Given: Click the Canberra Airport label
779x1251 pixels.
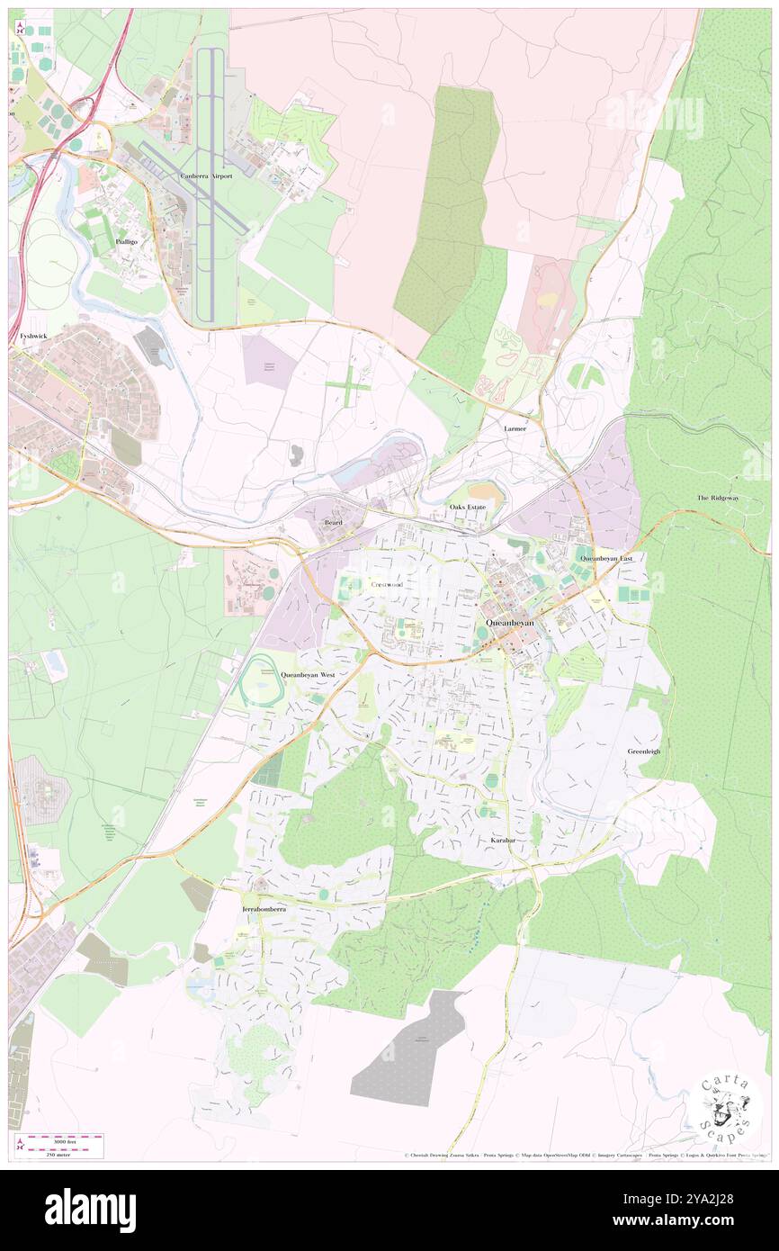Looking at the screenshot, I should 206,176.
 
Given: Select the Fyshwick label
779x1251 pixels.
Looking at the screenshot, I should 32,336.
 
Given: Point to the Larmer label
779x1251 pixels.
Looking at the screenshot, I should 515,428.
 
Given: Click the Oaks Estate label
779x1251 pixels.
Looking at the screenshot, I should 468,508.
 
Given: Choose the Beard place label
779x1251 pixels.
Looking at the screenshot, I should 333,522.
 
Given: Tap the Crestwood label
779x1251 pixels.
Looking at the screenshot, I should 387,584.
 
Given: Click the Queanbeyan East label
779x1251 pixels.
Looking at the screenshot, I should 606,558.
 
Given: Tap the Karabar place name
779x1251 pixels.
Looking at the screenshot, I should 503,840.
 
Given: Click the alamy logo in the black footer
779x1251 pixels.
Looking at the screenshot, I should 90,1210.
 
